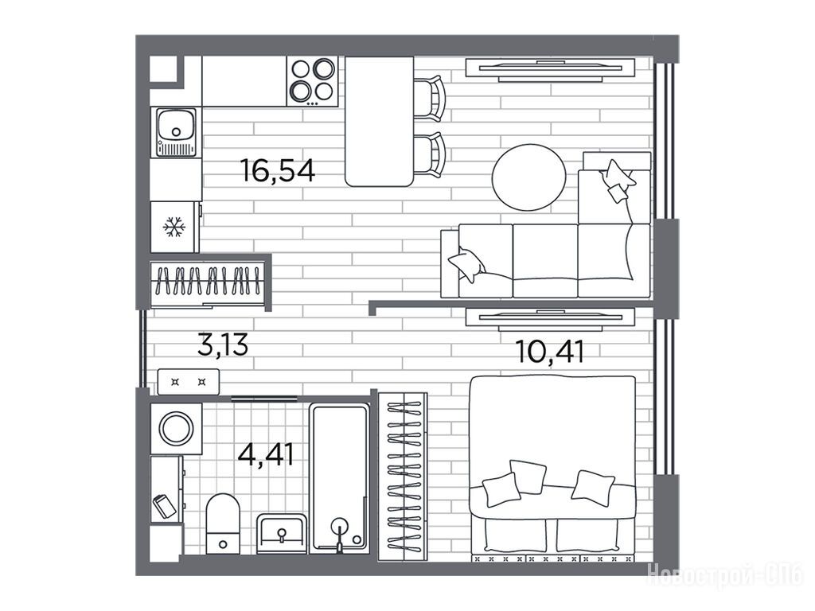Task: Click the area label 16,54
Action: pos(278,170)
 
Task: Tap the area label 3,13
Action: pos(223,345)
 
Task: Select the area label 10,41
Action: pos(550,351)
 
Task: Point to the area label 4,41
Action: pos(266,454)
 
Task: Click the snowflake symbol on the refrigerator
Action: pos(174,227)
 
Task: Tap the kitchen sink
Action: pos(176,132)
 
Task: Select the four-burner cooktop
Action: pos(312,81)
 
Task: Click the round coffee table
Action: pos(528,177)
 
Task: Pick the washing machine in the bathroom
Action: pos(176,429)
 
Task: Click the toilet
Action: pos(223,523)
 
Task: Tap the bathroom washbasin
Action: pos(282,534)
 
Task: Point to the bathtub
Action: pos(339,478)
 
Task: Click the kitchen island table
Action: pos(380,121)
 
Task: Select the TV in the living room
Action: pos(550,70)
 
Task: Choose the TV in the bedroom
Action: pos(550,319)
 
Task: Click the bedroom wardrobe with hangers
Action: pos(403,477)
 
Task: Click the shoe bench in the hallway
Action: pos(188,382)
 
